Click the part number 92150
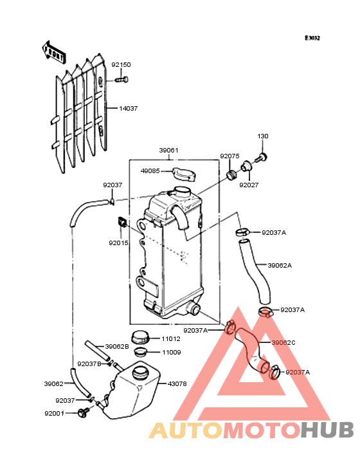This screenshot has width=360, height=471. point(122,64)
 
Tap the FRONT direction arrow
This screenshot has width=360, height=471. point(53,52)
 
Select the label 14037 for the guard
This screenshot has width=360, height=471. point(129,109)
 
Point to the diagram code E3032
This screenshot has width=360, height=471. point(312,38)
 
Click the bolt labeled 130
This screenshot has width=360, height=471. point(261,157)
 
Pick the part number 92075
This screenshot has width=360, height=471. point(230,156)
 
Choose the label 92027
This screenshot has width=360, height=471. point(249,185)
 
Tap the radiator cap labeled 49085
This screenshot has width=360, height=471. point(184,174)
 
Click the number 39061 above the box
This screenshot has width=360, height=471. point(168,150)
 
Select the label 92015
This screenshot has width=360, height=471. point(119,243)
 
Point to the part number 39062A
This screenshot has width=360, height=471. point(280,265)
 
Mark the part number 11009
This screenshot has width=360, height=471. point(172,353)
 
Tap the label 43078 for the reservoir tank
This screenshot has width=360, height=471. point(177,383)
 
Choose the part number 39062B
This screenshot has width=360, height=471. point(117,346)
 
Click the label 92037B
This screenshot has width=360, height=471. point(89,364)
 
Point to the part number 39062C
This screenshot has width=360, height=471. point(283,342)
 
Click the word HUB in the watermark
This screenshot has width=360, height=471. point(328,430)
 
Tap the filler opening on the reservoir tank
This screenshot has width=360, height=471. point(140,373)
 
